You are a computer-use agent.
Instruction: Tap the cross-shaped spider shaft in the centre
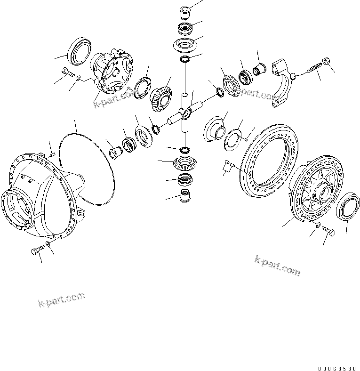(x=185, y=113)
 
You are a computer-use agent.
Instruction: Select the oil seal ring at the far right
(x=348, y=206)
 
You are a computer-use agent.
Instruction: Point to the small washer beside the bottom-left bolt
(x=48, y=245)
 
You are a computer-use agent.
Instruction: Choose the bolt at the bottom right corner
(x=329, y=232)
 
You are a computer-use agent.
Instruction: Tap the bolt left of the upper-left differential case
(x=67, y=72)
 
